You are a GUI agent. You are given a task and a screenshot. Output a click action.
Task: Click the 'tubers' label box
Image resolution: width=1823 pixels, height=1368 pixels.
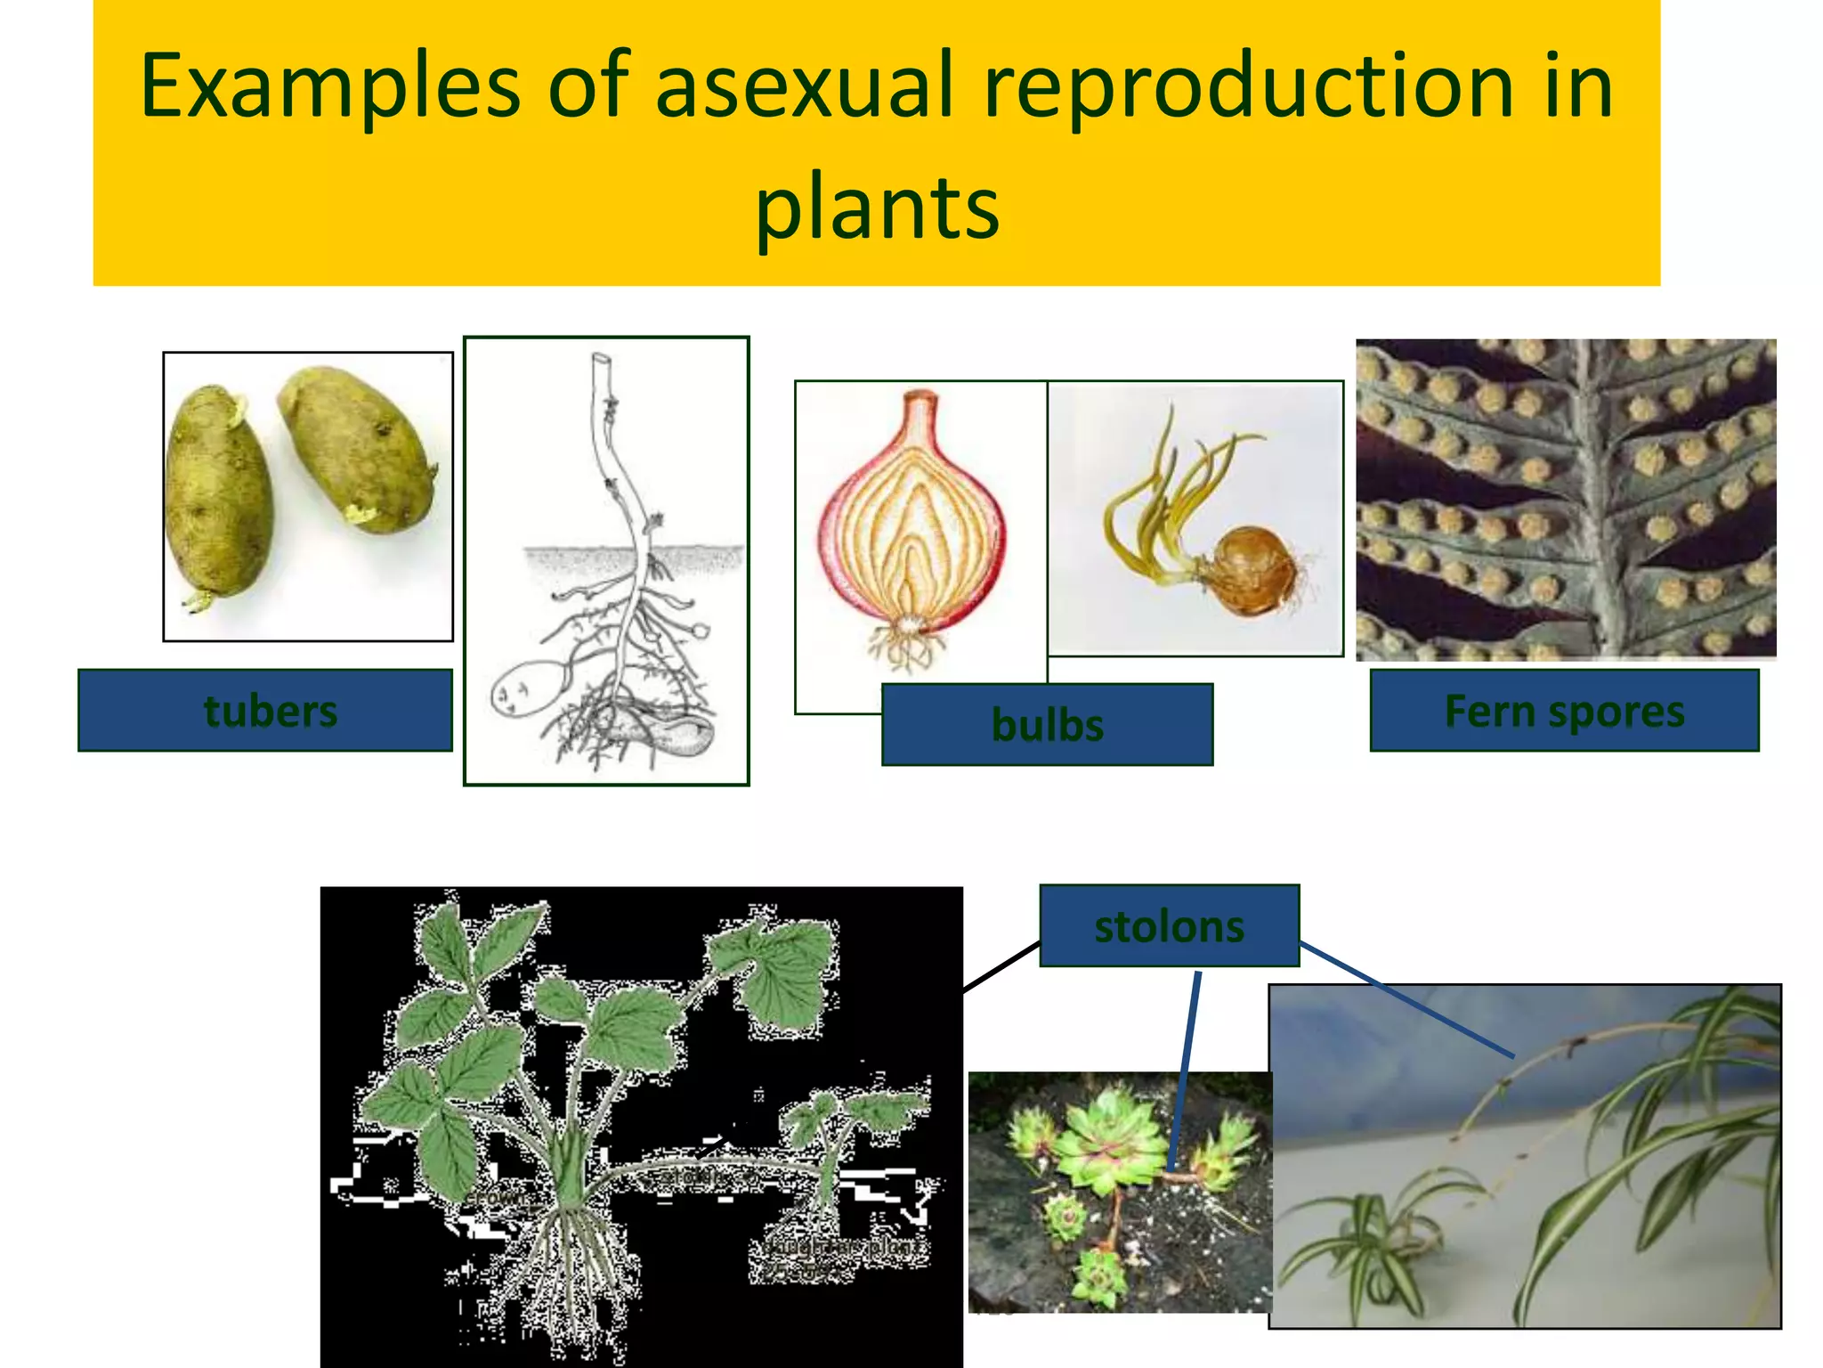point(265,711)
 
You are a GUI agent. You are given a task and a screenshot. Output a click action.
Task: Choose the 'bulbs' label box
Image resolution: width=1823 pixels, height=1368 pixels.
point(1047,725)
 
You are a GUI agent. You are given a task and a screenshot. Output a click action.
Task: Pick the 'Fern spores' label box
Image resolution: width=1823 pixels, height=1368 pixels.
point(1564,711)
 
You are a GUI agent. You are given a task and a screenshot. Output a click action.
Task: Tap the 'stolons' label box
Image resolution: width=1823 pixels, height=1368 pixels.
point(1169,926)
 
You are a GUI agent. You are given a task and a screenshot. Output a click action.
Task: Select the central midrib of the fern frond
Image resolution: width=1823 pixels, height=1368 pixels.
point(1593,499)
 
